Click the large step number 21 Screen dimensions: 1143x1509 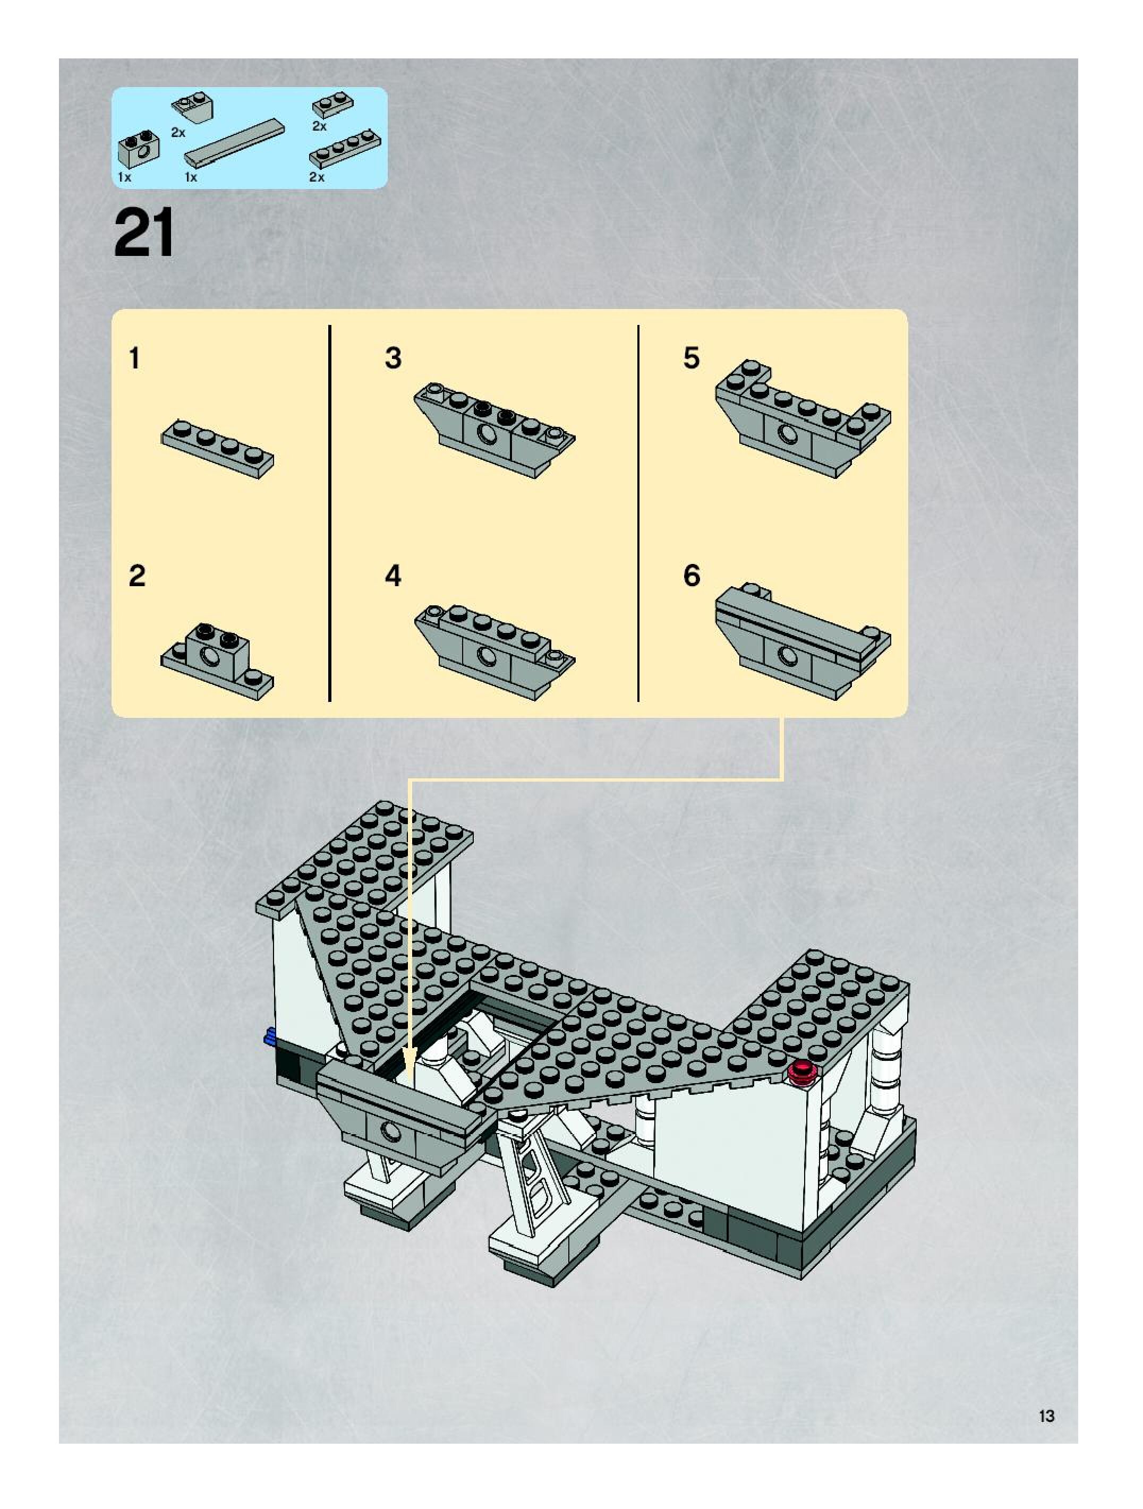(x=144, y=233)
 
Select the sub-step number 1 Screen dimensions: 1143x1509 (x=134, y=358)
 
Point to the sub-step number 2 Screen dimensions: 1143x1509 (x=137, y=577)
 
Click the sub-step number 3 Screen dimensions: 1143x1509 (x=393, y=358)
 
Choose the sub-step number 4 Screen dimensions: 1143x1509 (x=393, y=577)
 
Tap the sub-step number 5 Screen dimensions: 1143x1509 (x=691, y=358)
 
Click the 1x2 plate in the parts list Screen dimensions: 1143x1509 (x=333, y=105)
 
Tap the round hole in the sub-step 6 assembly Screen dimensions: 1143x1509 (x=788, y=656)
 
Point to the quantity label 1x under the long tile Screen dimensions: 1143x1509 (x=191, y=177)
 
